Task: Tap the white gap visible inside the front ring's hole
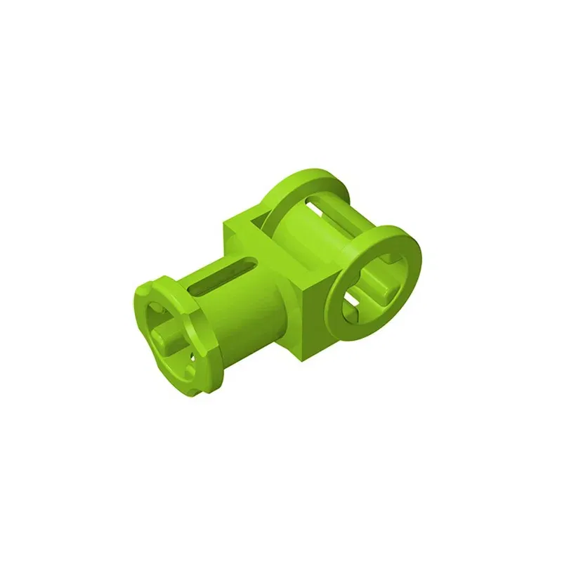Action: [352, 303]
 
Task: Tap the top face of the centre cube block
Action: [246, 225]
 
